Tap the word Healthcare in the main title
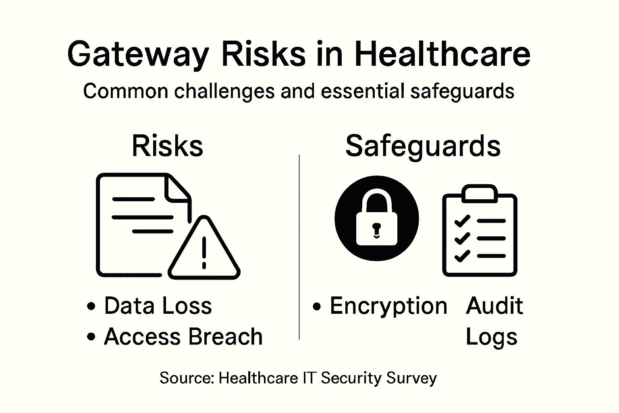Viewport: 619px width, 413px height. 442,54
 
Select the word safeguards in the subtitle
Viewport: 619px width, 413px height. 462,91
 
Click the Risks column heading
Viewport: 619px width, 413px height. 167,146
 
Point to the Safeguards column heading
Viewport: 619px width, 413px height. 423,146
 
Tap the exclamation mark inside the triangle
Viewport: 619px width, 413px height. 204,252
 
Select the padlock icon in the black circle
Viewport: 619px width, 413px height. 376,218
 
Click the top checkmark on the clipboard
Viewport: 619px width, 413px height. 462,221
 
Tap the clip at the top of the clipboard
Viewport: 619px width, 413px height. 479,193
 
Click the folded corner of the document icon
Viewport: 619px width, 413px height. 177,187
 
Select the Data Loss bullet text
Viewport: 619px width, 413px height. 158,306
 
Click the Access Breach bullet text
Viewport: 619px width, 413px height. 183,336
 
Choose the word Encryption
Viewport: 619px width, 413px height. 388,306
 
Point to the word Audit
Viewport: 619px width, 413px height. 494,306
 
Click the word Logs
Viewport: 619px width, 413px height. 491,337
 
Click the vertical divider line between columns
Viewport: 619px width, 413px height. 299,246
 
